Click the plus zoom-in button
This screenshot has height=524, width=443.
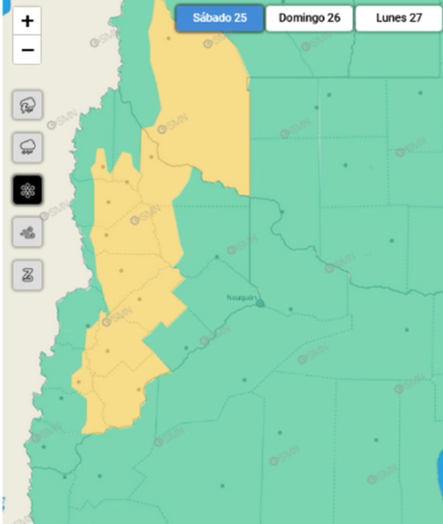point(27,21)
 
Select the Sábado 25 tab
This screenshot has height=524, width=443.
point(220,18)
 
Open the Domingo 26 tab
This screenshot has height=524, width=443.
point(309,18)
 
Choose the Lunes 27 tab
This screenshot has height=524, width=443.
point(399,18)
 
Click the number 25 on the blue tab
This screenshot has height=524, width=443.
point(240,18)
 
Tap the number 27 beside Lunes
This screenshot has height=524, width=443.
point(415,18)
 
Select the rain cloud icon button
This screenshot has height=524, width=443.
point(28,148)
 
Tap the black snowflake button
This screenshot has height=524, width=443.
point(28,190)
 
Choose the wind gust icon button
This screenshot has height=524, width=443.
point(28,233)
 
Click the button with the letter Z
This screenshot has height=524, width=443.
point(28,275)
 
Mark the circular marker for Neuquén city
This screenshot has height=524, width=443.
point(260,303)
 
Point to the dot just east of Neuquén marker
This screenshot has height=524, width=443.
point(291,309)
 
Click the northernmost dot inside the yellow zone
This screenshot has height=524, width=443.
point(169,39)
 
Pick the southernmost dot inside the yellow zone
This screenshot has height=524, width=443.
point(139,390)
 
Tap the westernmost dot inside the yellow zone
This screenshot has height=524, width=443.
point(79,381)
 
